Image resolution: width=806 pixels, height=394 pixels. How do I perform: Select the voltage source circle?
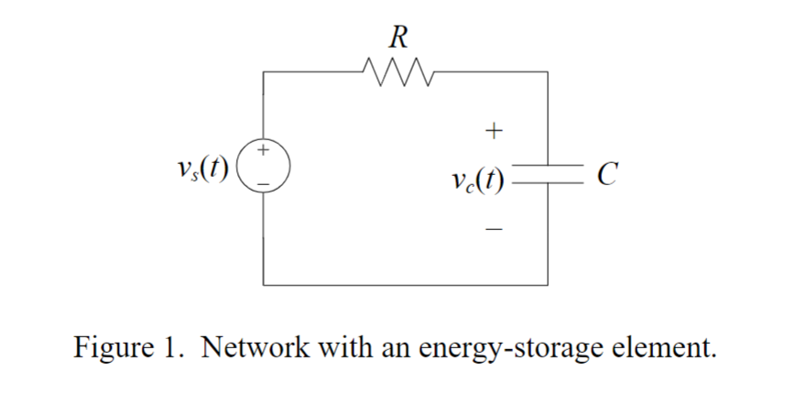pos(264,165)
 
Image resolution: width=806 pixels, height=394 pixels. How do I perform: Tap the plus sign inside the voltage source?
pos(264,149)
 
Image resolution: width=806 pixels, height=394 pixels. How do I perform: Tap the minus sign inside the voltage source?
pos(264,182)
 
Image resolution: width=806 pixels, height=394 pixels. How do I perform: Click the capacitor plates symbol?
pos(548,173)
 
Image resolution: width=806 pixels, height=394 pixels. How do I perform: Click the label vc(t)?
pos(480,176)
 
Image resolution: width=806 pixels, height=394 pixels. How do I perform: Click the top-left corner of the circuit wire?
pos(264,70)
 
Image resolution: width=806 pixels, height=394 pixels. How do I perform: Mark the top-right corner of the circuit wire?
pos(548,70)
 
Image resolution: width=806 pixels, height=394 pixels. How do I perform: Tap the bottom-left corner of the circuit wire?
pos(264,285)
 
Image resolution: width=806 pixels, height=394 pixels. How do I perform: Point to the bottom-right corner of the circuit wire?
pos(548,285)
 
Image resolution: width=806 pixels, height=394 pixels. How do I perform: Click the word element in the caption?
pos(664,348)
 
